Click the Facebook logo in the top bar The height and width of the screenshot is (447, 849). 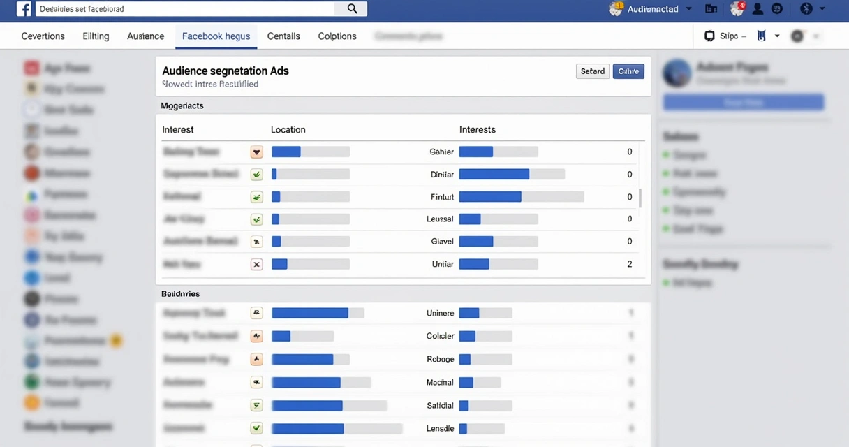tap(24, 9)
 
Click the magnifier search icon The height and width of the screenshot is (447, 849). tap(352, 9)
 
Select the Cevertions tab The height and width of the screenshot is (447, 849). tap(43, 36)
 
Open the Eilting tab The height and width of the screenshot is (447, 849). tap(96, 36)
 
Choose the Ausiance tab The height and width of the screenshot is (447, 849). tap(145, 36)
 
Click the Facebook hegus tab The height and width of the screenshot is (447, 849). tap(216, 36)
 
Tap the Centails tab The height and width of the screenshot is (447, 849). tap(283, 36)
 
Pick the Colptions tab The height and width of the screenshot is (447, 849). tap(337, 36)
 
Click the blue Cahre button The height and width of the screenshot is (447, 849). tap(628, 71)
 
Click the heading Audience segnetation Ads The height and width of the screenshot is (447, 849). tap(226, 71)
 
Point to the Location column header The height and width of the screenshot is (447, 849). tap(288, 130)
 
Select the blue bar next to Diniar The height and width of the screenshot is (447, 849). tap(494, 175)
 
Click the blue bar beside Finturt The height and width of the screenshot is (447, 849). tap(490, 197)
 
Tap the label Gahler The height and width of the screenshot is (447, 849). tap(442, 152)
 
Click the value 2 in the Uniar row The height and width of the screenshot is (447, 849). tap(630, 264)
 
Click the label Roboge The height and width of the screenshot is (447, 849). tap(440, 359)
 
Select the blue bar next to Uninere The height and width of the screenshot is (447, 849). tap(469, 313)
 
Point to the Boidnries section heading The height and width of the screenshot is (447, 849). tap(180, 294)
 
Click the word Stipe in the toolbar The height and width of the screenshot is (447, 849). tap(728, 36)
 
